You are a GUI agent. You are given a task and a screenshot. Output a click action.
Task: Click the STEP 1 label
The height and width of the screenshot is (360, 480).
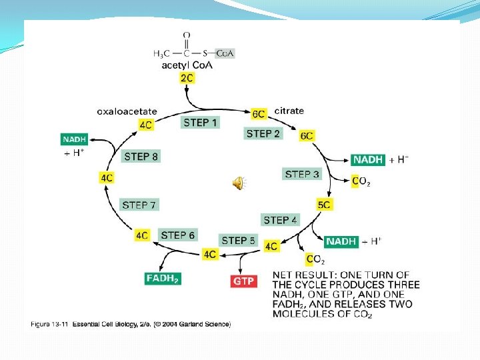tap(199, 122)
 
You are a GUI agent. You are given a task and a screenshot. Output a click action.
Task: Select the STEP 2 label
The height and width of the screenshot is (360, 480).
tap(263, 133)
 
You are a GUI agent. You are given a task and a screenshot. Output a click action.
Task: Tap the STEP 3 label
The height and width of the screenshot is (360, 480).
tap(302, 174)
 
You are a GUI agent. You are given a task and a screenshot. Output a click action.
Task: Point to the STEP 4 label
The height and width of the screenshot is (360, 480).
tap(281, 220)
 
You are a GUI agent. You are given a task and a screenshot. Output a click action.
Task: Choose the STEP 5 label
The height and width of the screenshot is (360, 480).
tap(238, 241)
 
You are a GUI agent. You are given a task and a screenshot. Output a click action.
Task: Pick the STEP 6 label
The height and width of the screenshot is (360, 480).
tap(178, 235)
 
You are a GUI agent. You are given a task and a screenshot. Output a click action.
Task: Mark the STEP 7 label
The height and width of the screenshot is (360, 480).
tap(139, 205)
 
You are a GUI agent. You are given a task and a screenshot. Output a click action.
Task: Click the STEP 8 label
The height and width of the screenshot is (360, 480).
tap(141, 157)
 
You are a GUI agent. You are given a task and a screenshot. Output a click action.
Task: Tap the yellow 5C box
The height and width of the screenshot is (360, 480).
tap(324, 205)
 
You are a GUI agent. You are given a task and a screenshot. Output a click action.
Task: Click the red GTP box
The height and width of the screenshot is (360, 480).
tap(244, 281)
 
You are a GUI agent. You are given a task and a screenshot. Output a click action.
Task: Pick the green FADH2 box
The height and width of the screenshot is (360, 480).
tap(163, 278)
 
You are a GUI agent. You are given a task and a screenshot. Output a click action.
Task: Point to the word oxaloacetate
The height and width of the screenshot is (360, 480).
tap(127, 111)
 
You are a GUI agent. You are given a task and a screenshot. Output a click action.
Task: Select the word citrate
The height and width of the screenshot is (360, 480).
tap(289, 111)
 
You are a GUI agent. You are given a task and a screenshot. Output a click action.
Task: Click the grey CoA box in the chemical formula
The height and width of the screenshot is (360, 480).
tap(225, 53)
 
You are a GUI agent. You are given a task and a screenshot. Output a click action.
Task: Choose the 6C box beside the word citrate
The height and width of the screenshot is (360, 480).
tap(259, 114)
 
